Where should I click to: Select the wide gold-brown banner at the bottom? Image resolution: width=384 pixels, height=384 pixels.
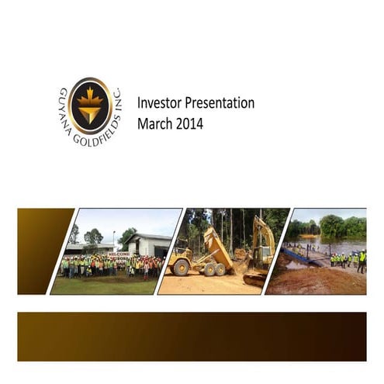coord(192,336)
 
